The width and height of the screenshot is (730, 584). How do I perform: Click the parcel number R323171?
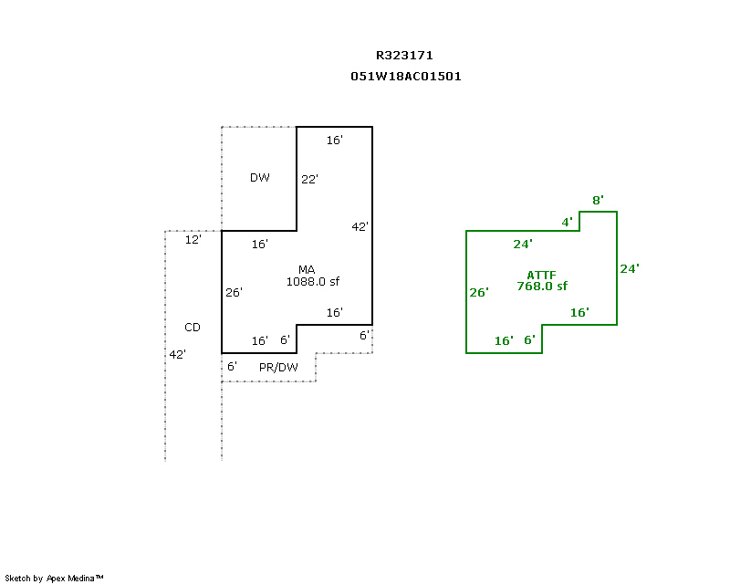(x=405, y=56)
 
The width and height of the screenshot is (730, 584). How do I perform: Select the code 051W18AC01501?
(x=405, y=77)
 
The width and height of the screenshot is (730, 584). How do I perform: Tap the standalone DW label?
(x=260, y=178)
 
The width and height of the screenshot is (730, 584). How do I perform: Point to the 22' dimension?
(x=309, y=180)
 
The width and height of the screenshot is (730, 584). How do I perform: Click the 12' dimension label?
(x=193, y=240)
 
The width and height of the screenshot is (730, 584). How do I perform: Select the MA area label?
(x=307, y=269)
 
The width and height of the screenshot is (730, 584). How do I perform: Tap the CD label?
(x=193, y=327)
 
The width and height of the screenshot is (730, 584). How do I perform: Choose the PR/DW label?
(x=278, y=368)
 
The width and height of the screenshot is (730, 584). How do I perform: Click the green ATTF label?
(x=542, y=275)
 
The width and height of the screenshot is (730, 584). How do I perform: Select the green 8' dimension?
(x=598, y=200)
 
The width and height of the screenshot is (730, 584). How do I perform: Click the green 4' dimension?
(x=567, y=222)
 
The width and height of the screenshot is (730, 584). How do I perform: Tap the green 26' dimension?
(x=479, y=293)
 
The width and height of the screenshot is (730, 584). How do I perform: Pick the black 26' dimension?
(x=234, y=293)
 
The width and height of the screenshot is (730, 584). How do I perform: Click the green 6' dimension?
(x=528, y=340)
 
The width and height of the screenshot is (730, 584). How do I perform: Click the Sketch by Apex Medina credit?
(x=55, y=578)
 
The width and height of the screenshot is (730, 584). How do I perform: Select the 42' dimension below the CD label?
(x=177, y=354)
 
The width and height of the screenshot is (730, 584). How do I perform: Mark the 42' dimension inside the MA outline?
(x=360, y=226)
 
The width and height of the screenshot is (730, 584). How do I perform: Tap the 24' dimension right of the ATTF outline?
(x=630, y=268)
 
